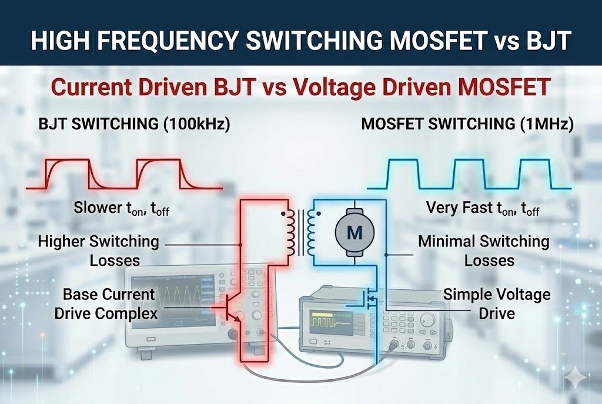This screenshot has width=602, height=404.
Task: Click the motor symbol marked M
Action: [354, 232]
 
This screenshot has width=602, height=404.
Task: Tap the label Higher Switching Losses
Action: [99, 250]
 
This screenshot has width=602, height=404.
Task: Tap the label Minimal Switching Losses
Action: [483, 250]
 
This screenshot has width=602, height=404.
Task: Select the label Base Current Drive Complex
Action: [106, 303]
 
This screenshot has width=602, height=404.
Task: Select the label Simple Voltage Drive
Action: [497, 303]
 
